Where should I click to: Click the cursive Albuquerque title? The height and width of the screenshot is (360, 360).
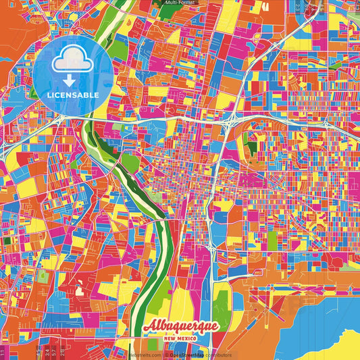click(x=180, y=326)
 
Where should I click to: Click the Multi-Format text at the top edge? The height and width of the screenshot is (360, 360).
click(x=180, y=3)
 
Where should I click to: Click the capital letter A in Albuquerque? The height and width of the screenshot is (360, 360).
click(x=150, y=326)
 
